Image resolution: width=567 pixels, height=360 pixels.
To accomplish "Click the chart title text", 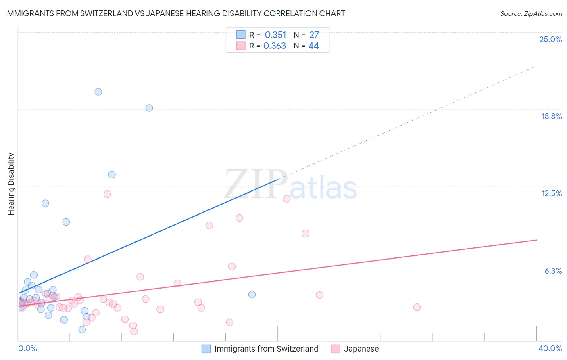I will coord(175,13).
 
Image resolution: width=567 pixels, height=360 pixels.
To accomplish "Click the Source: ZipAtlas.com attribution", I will coord(531,13).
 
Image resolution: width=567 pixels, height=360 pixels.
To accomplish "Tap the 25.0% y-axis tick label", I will coord(550,39).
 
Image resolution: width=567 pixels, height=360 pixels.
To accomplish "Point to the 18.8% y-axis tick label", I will coord(551,116).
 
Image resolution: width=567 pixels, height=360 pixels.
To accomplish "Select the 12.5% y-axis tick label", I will coord(551,193).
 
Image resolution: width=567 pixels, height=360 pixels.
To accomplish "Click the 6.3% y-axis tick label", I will coord(553,271).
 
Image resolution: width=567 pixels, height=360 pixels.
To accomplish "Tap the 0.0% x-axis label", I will coord(27,348).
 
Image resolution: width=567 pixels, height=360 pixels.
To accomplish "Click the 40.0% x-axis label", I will coord(550,348).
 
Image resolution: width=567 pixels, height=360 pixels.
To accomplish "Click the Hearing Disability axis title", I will coord(11,184).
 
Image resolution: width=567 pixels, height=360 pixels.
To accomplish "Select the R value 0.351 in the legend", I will coord(275,35).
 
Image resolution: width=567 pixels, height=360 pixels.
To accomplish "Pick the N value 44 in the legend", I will coord(313,46).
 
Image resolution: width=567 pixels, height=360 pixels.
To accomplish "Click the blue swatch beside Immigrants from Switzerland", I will coord(206,349).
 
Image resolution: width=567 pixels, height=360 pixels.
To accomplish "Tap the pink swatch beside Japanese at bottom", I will coord(336,349).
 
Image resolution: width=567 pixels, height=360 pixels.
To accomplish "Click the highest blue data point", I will coord(98,92).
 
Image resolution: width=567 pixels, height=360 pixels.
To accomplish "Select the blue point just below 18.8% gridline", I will coord(149,108).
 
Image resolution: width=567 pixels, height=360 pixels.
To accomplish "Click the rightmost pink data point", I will coord(417,307).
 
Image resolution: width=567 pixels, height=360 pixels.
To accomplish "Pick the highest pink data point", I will coord(107,194).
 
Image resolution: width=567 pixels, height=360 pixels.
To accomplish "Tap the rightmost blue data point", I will coord(252,295).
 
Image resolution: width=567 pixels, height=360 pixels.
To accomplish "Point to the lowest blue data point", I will coord(82,329).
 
